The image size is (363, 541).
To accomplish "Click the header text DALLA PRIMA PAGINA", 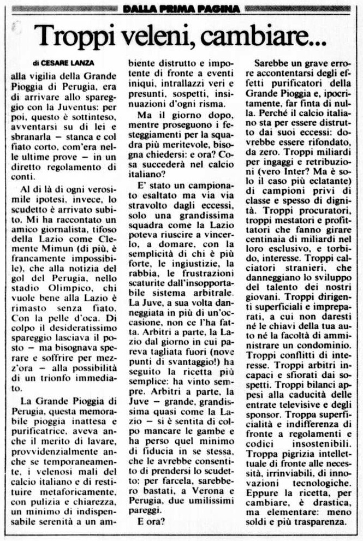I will (x=181, y=8).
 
